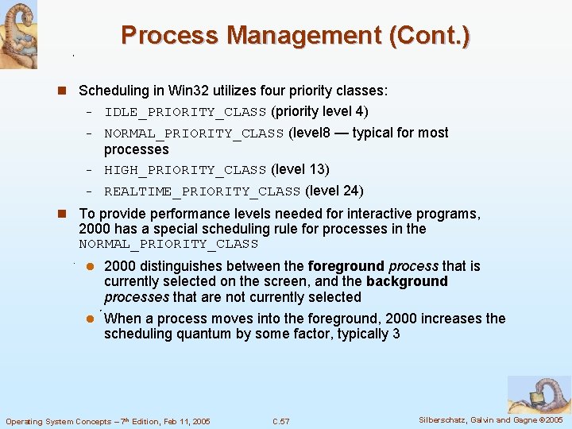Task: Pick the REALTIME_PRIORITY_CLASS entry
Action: click(202, 191)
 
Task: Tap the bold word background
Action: click(407, 281)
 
